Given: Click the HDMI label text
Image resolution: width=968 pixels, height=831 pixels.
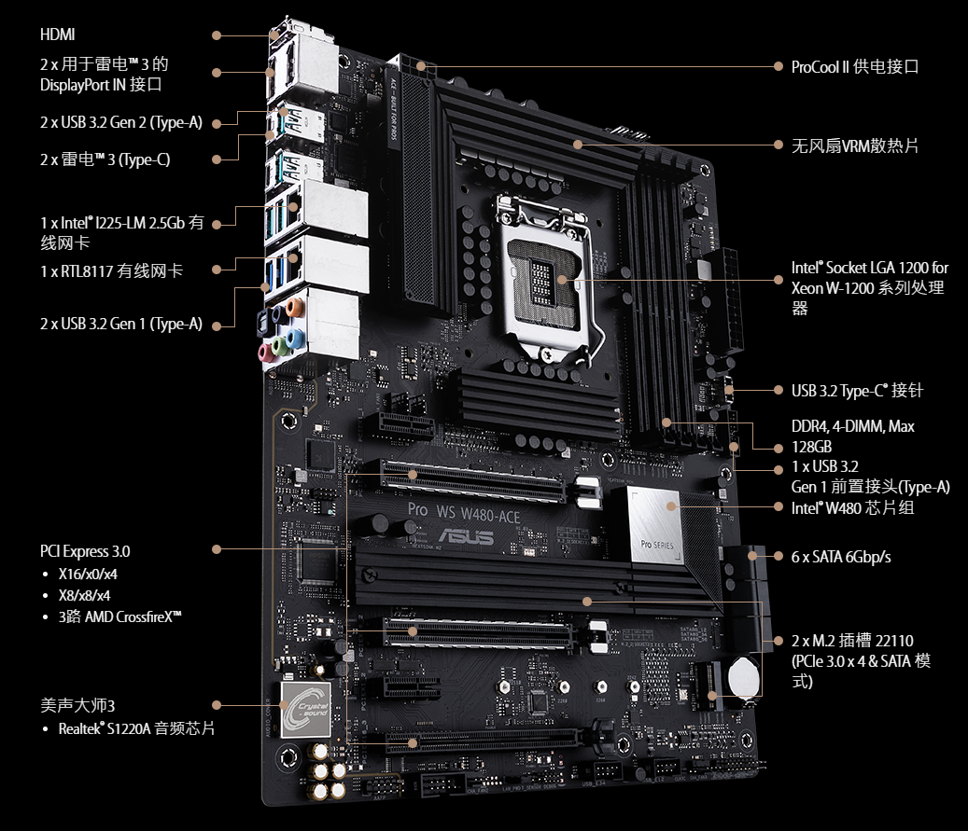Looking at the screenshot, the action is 58,35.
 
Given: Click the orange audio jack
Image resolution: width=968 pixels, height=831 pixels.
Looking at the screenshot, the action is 295,305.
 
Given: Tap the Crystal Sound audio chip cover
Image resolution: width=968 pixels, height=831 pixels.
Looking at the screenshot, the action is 305,710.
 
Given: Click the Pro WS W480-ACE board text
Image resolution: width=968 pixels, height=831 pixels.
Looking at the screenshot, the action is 464,513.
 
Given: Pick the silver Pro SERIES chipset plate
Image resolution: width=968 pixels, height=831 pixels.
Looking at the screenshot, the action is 655,526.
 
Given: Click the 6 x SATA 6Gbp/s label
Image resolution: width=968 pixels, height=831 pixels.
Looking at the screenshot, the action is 841,557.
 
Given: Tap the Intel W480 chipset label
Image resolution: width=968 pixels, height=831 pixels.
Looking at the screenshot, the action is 852,507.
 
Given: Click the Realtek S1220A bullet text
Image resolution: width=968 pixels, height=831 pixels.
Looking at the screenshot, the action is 136,728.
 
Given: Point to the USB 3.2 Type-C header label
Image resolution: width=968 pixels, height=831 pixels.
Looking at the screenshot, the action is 857,391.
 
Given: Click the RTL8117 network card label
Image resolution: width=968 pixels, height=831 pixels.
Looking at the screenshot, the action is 112,270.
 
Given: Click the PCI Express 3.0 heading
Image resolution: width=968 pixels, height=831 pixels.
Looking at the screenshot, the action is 85,551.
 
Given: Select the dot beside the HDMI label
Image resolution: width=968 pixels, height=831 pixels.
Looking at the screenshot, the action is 216,35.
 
